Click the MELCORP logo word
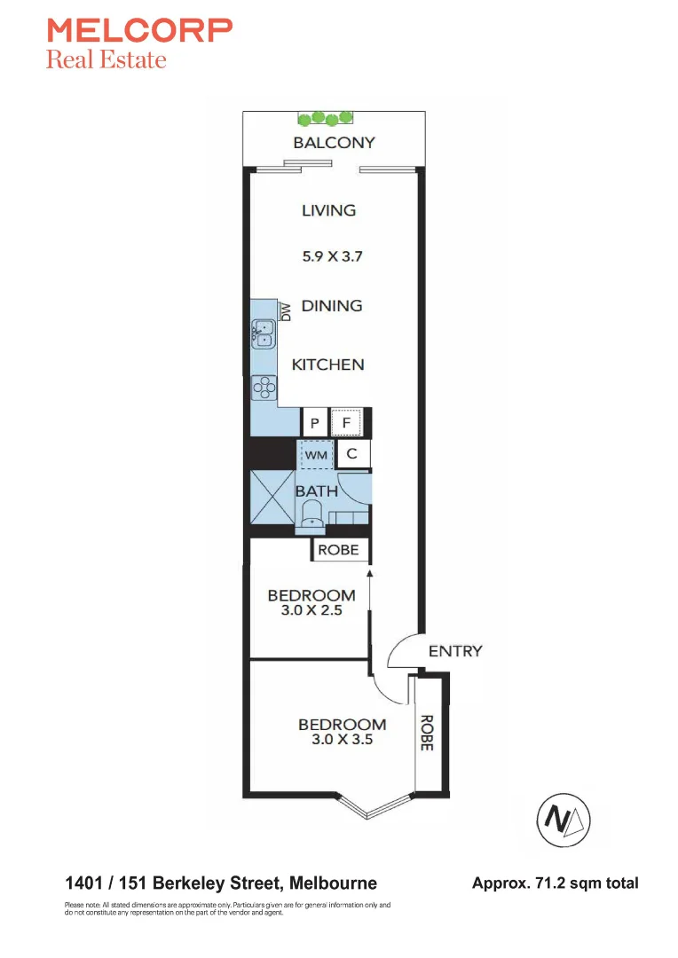point(139,31)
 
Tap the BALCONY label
point(335,142)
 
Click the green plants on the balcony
point(326,117)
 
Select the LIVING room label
point(328,210)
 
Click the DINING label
point(332,306)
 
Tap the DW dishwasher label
point(286,311)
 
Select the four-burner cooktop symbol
point(264,385)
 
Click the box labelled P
point(314,424)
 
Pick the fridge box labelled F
point(347,423)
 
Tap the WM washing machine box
point(317,455)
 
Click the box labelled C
point(352,455)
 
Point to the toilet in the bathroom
point(312,514)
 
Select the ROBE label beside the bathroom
point(338,550)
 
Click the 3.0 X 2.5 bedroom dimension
point(311,610)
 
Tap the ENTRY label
point(455,651)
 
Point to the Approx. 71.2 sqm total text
point(555,883)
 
